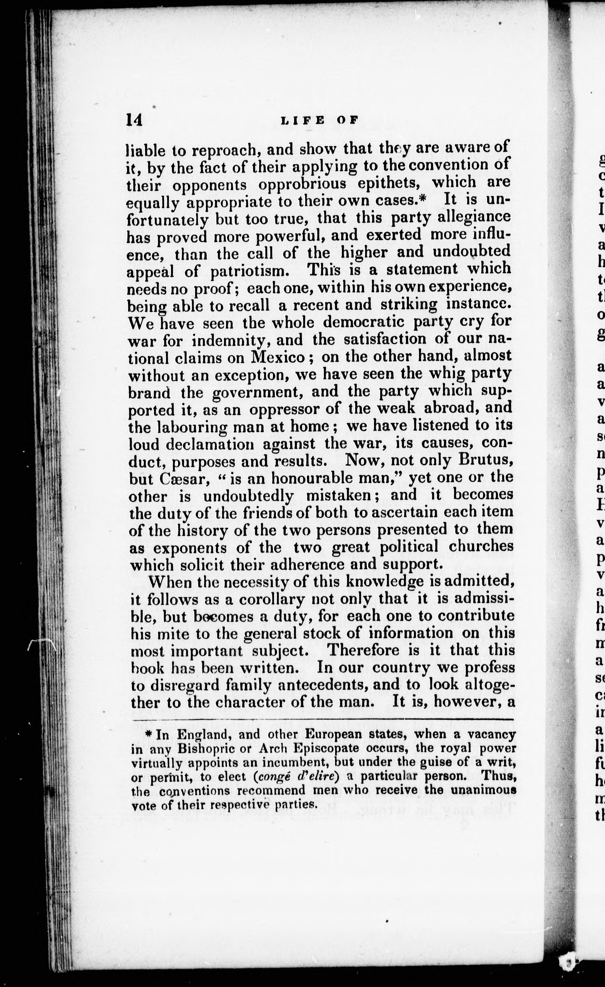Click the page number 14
pyautogui.click(x=134, y=120)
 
